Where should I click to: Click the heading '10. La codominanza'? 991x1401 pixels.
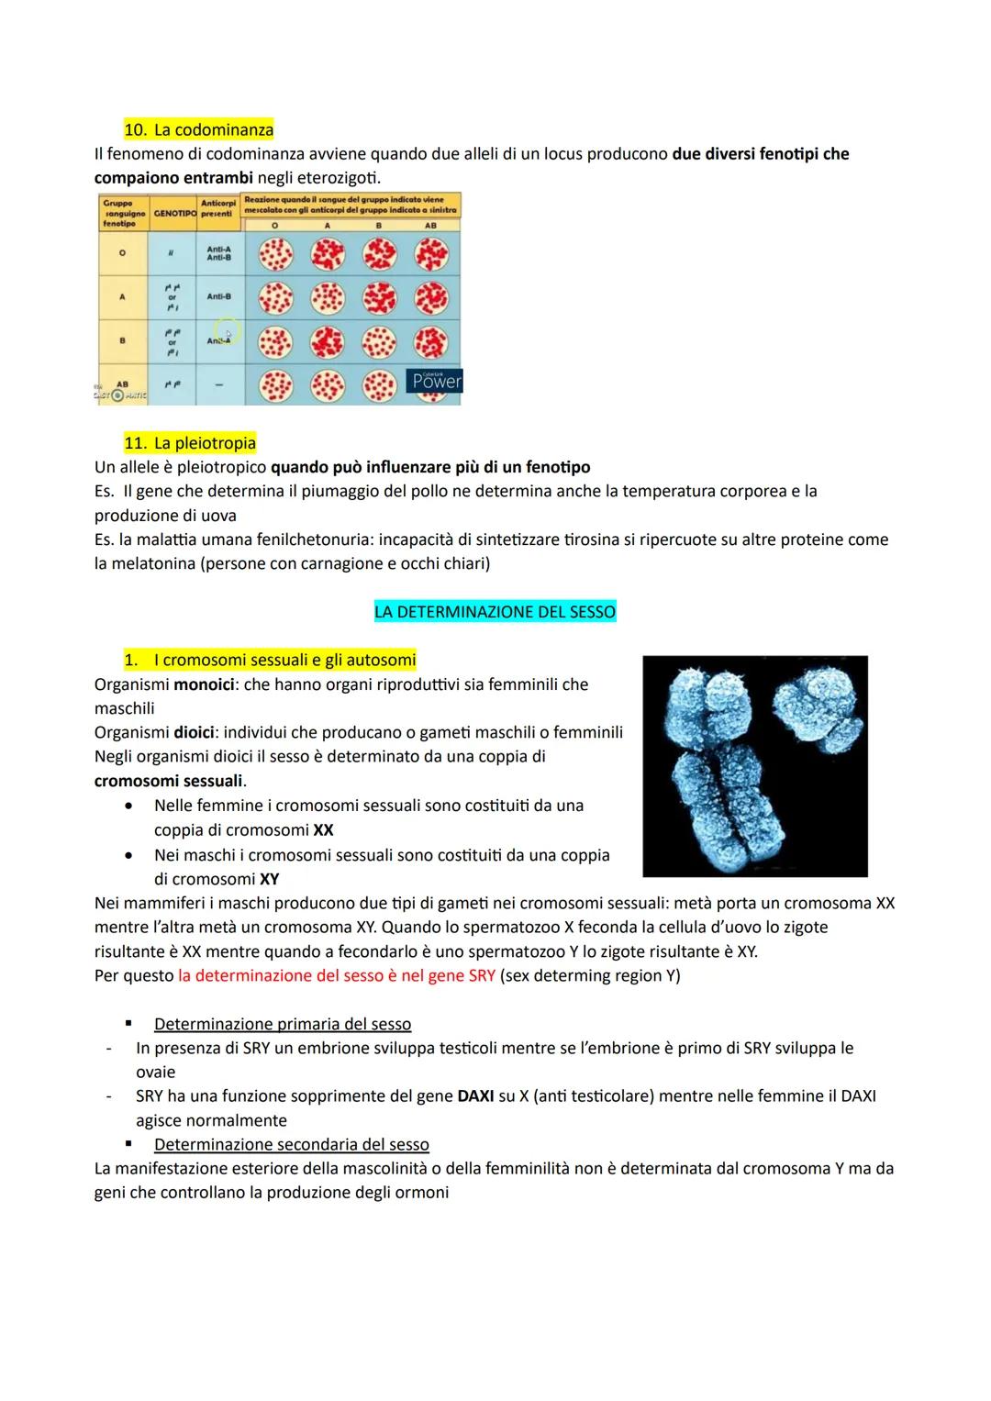(x=198, y=130)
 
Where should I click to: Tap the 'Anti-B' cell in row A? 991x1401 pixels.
(x=218, y=296)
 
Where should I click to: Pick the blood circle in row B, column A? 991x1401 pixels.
(x=328, y=342)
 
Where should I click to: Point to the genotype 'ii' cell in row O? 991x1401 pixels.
(x=171, y=252)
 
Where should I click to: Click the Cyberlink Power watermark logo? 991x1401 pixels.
(x=434, y=381)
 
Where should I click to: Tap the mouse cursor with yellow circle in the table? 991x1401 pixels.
(x=227, y=332)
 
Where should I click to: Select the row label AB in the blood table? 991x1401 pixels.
(x=122, y=384)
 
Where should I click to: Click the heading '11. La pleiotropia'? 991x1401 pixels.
(x=190, y=443)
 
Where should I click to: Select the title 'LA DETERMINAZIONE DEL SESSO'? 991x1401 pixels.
(x=495, y=611)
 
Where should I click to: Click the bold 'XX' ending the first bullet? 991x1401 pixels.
(x=323, y=829)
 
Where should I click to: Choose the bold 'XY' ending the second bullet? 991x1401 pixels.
(x=269, y=879)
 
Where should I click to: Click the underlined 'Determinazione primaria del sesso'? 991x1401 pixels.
(x=283, y=1024)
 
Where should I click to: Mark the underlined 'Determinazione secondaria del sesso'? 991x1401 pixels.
(x=292, y=1144)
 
